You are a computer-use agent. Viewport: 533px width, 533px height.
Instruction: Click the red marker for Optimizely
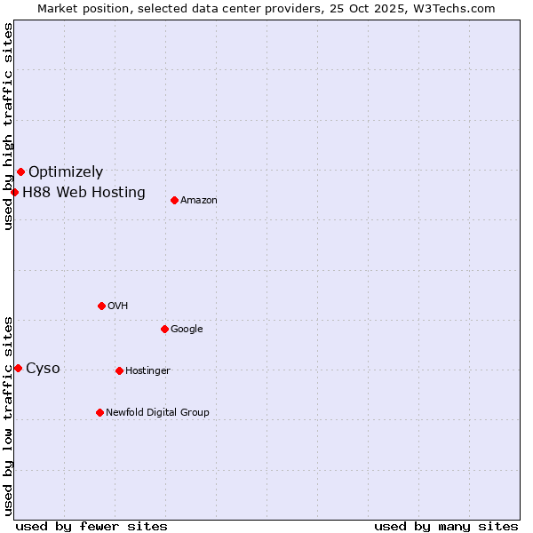(20, 171)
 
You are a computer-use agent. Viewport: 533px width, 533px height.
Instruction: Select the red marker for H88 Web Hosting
(14, 192)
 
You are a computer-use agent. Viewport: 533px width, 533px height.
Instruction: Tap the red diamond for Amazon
(174, 200)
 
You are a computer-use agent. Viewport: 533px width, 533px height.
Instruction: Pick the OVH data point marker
(101, 306)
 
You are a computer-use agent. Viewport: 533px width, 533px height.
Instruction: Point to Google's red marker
(164, 329)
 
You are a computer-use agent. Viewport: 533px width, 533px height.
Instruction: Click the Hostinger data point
(119, 370)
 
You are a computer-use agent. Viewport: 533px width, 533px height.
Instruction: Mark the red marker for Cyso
(18, 368)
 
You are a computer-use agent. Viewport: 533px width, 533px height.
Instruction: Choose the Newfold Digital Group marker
(99, 412)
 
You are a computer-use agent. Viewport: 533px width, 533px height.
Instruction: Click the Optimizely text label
(66, 172)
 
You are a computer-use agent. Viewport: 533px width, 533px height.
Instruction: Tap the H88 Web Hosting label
(84, 192)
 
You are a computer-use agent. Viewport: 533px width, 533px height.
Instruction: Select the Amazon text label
(199, 201)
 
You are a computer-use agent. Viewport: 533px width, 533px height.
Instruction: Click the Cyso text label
(43, 369)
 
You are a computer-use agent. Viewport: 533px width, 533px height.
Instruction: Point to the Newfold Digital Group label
(157, 412)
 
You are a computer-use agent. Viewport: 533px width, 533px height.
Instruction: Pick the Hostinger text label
(147, 371)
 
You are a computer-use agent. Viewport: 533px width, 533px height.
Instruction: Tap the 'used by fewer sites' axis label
(91, 526)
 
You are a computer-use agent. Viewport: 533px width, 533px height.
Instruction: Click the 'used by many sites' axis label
(446, 526)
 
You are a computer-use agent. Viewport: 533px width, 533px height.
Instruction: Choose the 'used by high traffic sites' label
(8, 126)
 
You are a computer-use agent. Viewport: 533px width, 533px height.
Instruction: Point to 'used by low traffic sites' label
(8, 416)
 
